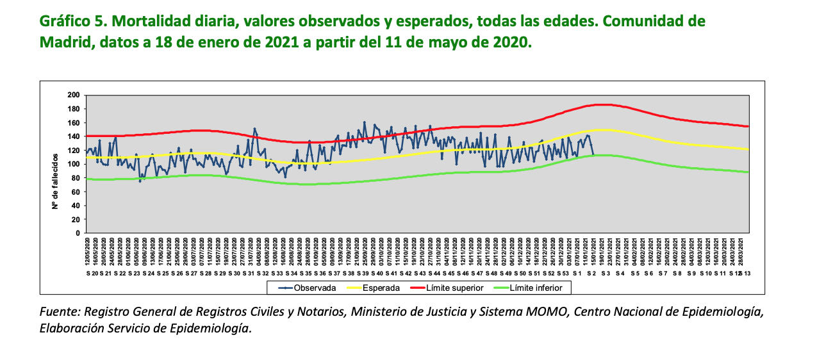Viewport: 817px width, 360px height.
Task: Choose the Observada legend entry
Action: pos(306,288)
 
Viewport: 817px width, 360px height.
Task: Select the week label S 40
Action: pos(377,274)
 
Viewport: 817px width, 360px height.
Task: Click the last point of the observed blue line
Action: pos(593,154)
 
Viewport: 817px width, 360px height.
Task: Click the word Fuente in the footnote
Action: pos(60,312)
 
